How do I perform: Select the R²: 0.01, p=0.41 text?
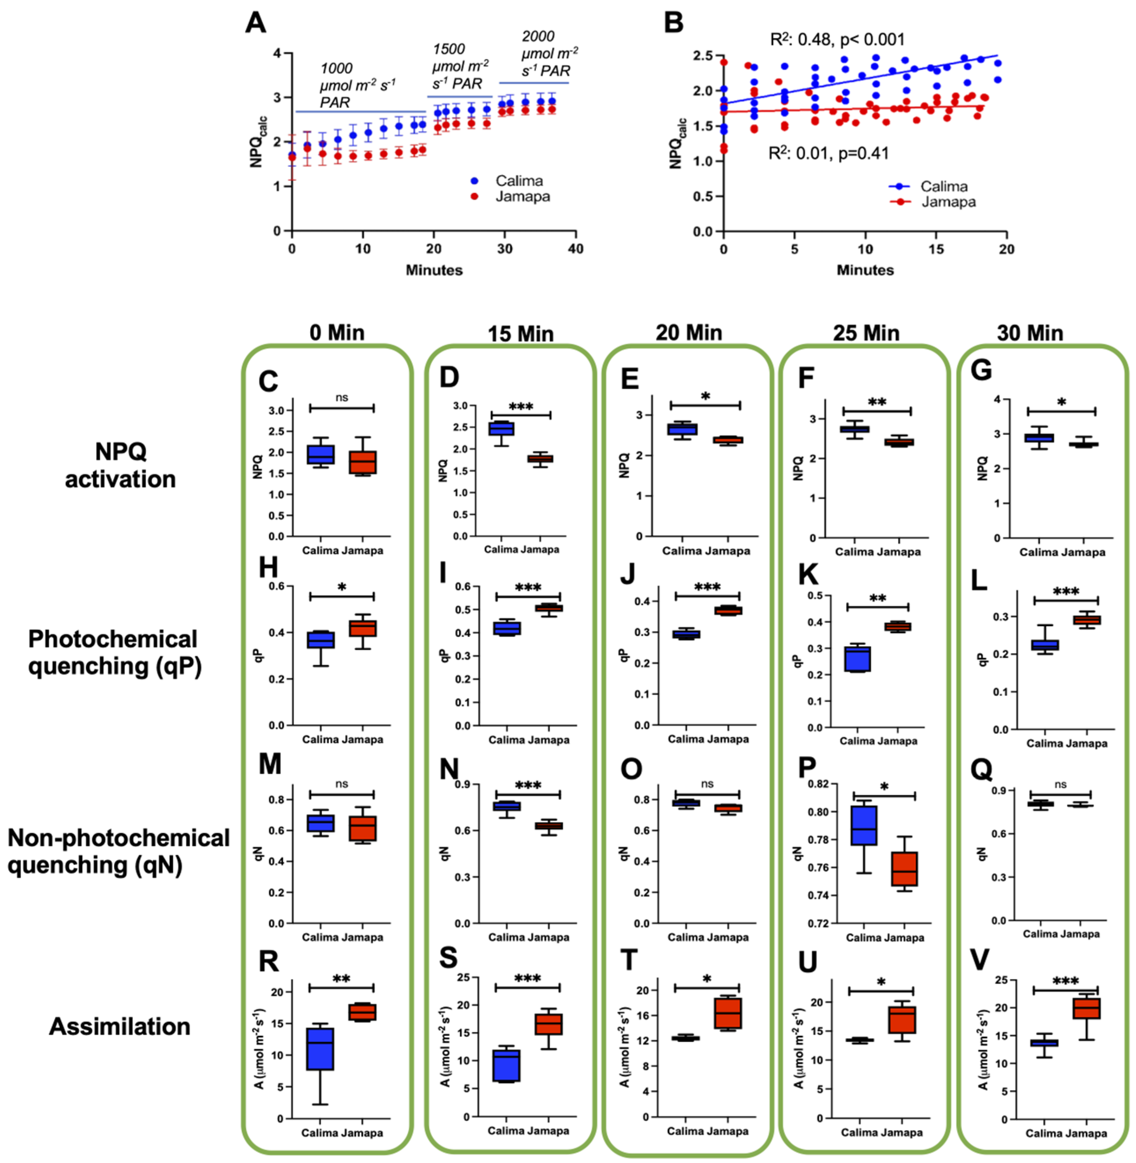click(828, 154)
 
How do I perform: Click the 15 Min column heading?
click(520, 333)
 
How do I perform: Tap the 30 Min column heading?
click(1030, 333)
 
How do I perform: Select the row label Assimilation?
click(119, 1027)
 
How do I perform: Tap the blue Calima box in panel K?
click(857, 659)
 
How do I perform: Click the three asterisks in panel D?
click(520, 407)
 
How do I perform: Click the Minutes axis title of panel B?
click(865, 270)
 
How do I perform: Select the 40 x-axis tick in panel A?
click(575, 249)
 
